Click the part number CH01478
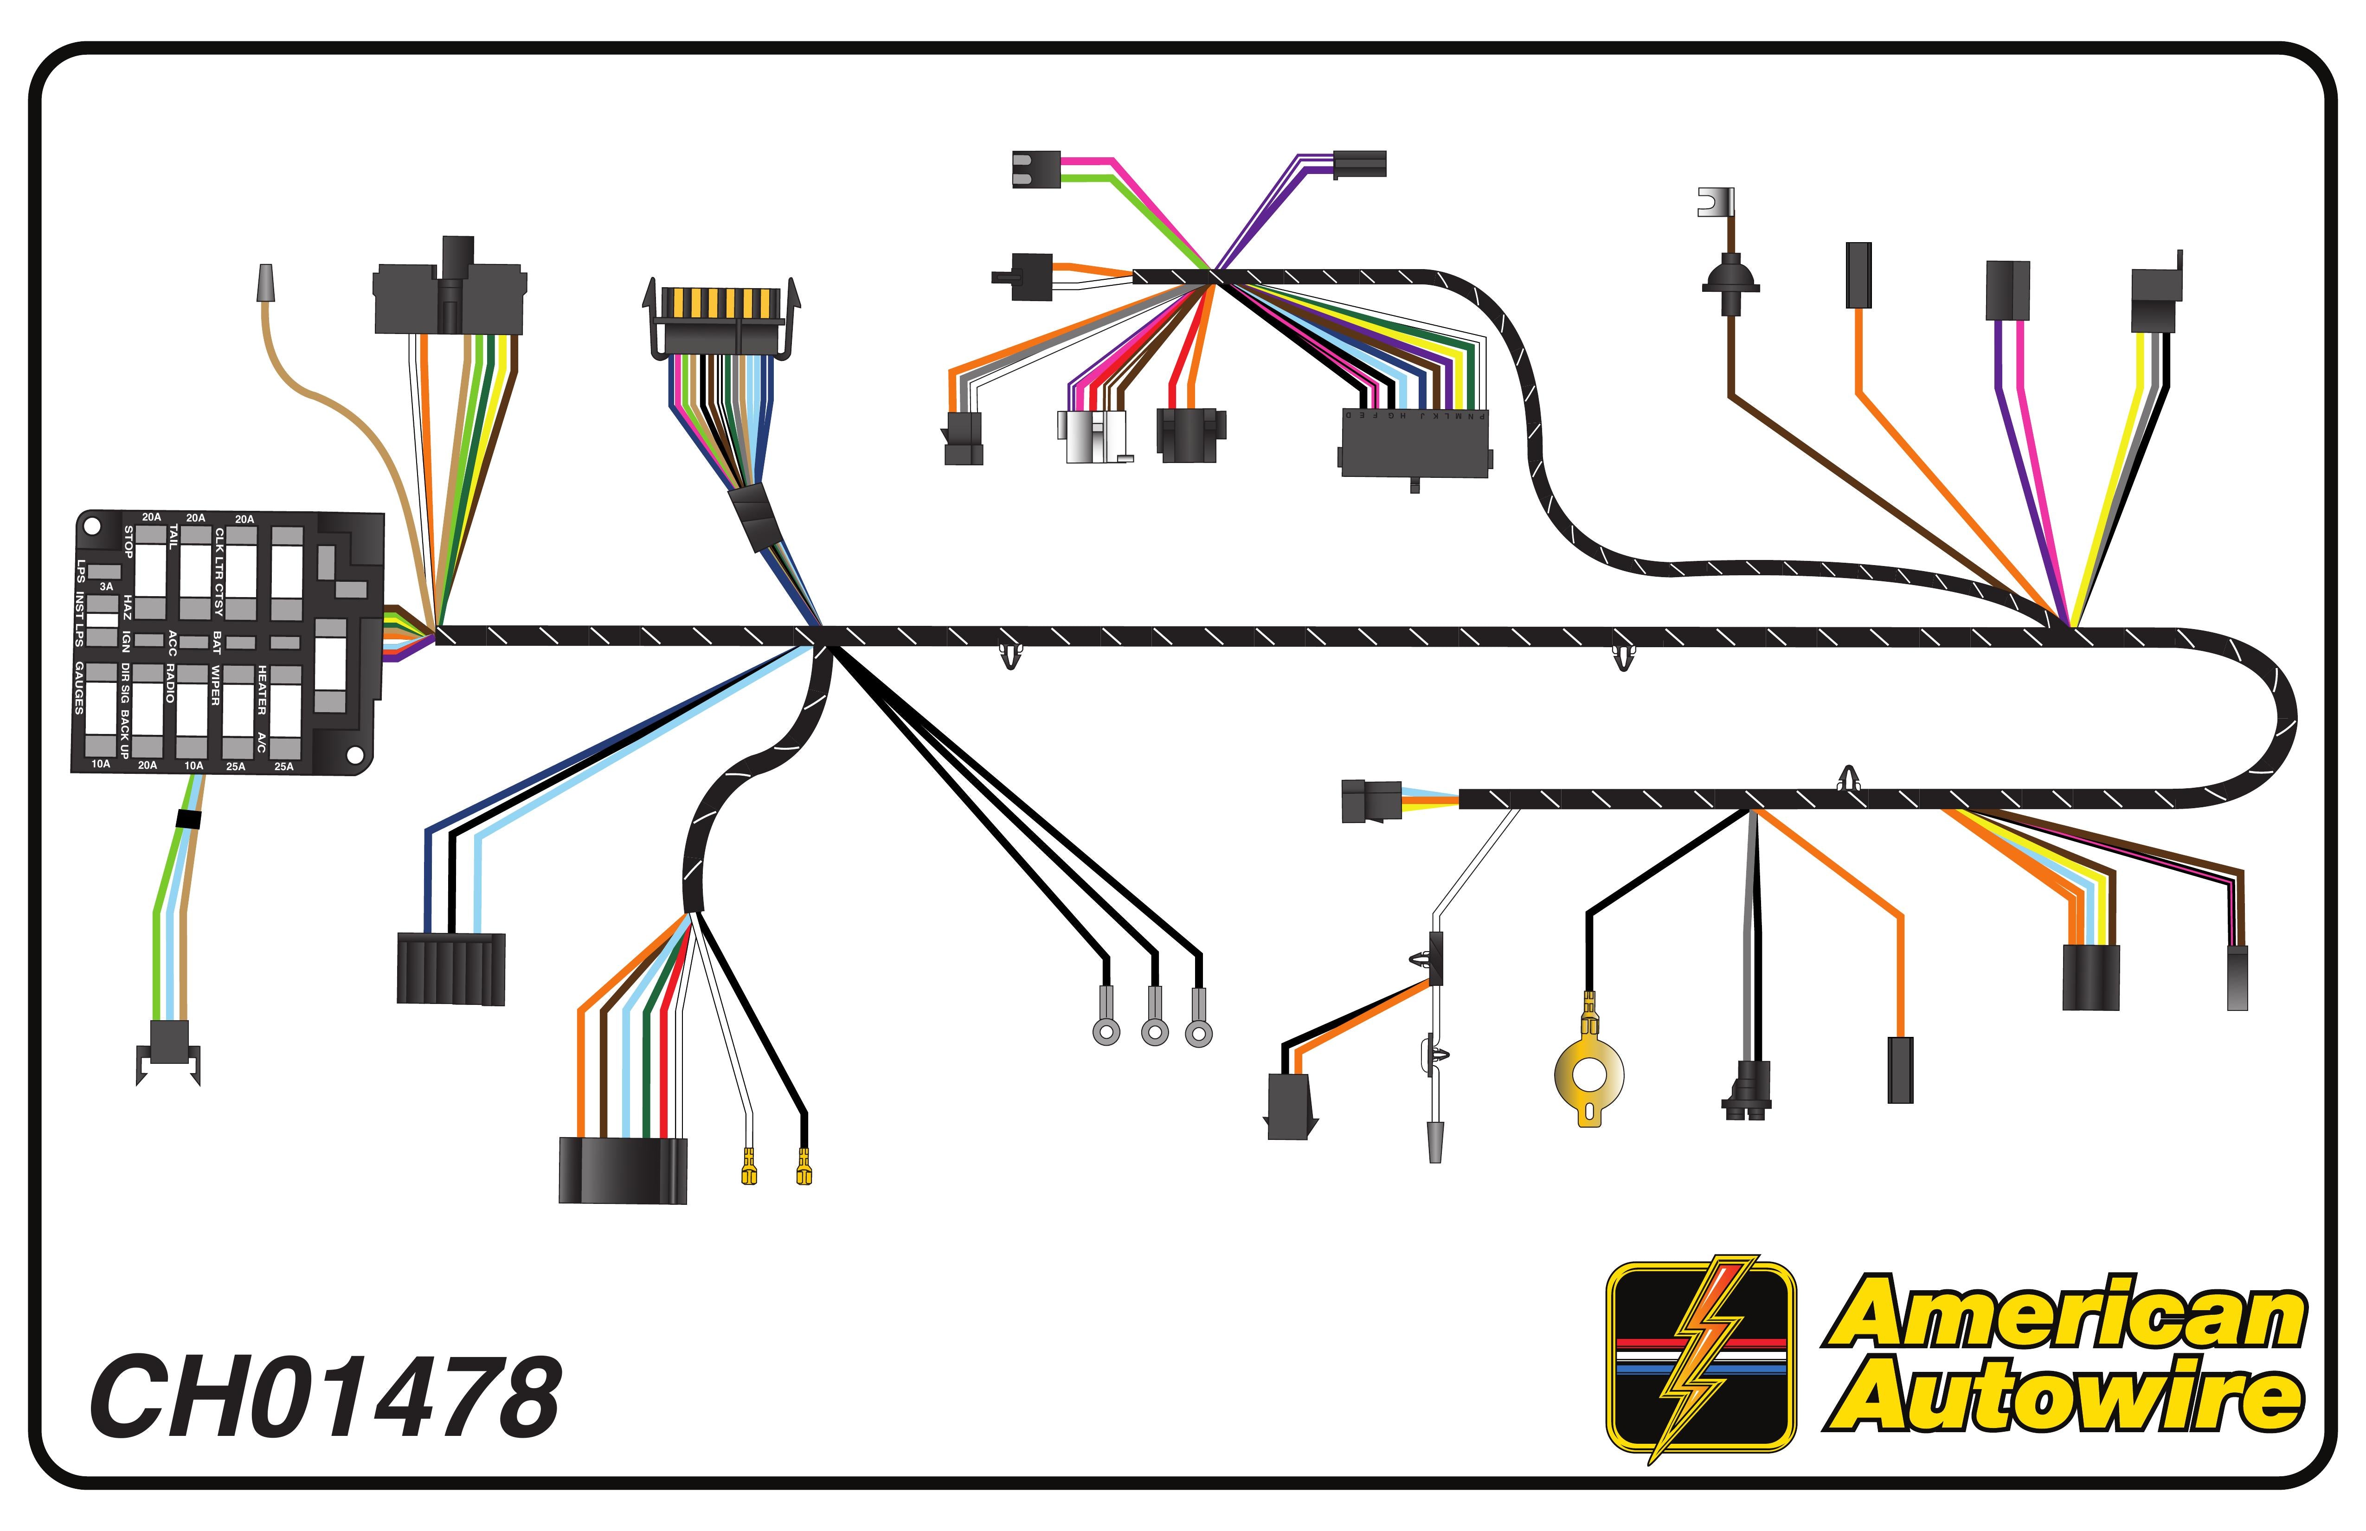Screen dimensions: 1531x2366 tap(326, 1397)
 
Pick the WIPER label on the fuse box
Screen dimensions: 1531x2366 tap(215, 686)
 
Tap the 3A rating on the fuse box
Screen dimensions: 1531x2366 tap(106, 586)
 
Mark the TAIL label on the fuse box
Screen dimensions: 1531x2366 tap(173, 538)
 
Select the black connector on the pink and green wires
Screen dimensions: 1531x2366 tap(1035, 169)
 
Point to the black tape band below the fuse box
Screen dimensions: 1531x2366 tap(188, 819)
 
